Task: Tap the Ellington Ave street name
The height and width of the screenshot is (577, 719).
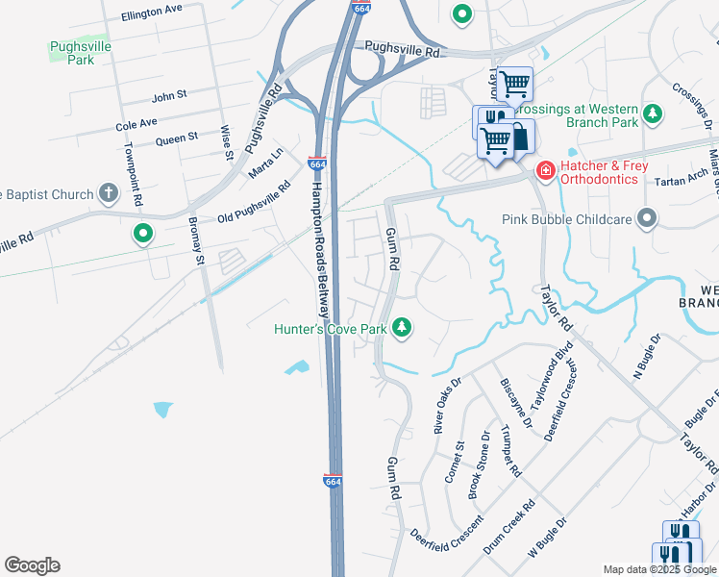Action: (152, 11)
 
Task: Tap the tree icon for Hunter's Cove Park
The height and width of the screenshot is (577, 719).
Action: (402, 329)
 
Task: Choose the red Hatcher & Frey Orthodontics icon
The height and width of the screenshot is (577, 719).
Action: (545, 171)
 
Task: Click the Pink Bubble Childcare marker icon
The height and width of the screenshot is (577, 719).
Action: (647, 219)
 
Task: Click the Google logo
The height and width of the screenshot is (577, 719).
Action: (32, 565)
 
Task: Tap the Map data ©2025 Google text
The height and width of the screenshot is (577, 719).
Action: (659, 569)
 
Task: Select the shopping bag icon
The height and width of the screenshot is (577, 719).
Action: (519, 136)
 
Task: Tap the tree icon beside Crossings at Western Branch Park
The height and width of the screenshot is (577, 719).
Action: (653, 114)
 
